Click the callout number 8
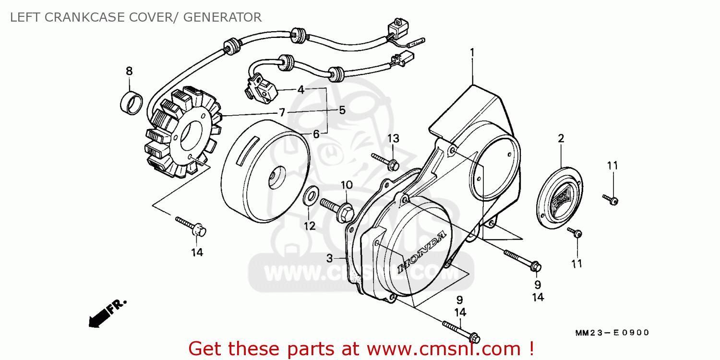point(129,72)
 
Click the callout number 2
point(561,139)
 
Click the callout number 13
point(393,138)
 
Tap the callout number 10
point(347,185)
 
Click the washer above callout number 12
point(311,196)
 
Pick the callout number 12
point(310,226)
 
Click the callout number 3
point(329,258)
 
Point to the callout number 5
point(342,110)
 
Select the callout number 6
point(316,134)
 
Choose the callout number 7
point(282,112)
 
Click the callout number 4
point(301,89)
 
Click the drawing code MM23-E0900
point(612,333)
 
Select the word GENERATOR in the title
point(222,17)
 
